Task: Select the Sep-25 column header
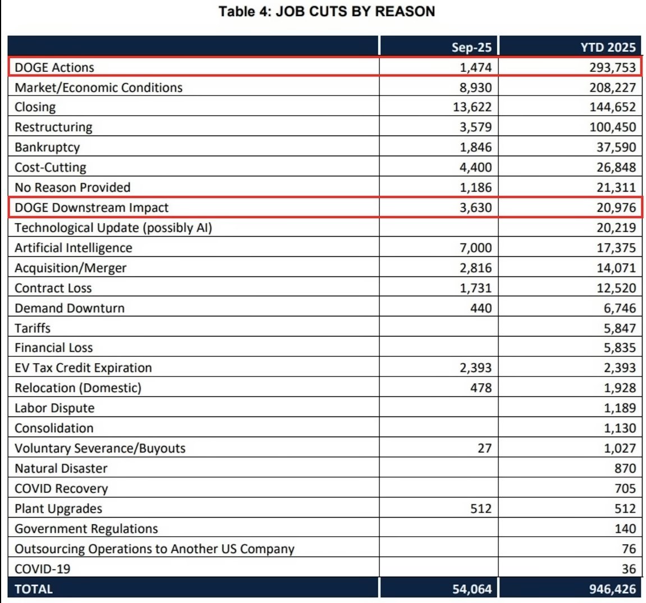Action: (x=471, y=47)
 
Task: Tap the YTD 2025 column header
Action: (x=608, y=47)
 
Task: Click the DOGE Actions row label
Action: (x=54, y=67)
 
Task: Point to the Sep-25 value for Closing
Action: (x=472, y=107)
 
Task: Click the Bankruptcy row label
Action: (x=47, y=147)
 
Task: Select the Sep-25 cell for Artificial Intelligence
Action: (x=475, y=248)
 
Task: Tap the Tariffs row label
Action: (x=33, y=328)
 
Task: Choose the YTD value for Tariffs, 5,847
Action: (x=620, y=328)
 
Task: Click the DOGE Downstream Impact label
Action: (x=91, y=207)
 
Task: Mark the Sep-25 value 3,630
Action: (x=475, y=207)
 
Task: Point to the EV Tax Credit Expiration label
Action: (x=83, y=368)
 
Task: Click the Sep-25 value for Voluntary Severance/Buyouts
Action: (x=484, y=448)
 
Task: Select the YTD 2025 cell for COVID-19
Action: (x=629, y=569)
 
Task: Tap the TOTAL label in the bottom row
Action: (x=34, y=589)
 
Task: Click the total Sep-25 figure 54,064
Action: (x=472, y=589)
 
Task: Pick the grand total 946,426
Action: (x=612, y=589)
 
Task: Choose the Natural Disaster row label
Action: (x=61, y=469)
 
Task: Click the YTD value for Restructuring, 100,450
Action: (x=612, y=127)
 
